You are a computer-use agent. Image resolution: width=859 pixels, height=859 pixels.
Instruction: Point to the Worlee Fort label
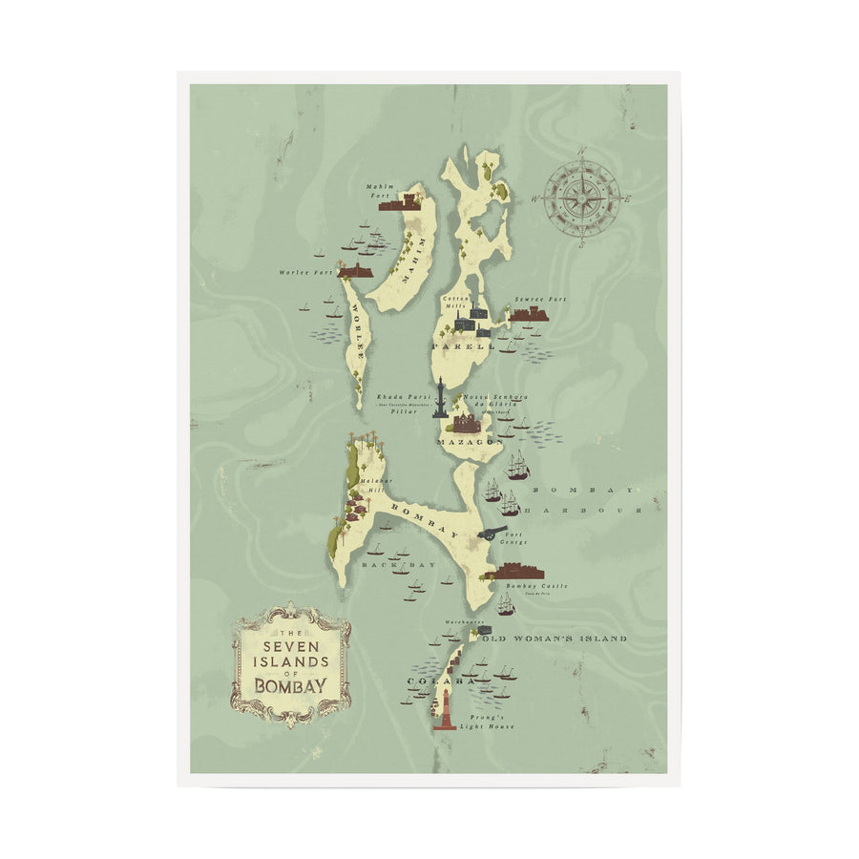pyautogui.click(x=303, y=273)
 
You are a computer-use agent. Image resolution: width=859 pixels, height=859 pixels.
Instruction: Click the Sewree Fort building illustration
pyautogui.click(x=530, y=313)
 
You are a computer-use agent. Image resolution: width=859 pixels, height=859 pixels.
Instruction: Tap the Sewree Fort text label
pyautogui.click(x=540, y=299)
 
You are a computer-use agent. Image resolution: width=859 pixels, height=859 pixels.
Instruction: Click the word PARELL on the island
pyautogui.click(x=464, y=347)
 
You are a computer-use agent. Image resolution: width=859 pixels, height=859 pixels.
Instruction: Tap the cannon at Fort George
pyautogui.click(x=493, y=532)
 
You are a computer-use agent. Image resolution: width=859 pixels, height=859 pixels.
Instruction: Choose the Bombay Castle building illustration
pyautogui.click(x=516, y=572)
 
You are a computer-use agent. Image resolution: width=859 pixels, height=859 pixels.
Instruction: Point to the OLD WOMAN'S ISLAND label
pyautogui.click(x=555, y=638)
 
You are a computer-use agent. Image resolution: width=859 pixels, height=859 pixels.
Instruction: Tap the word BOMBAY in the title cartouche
pyautogui.click(x=290, y=684)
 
